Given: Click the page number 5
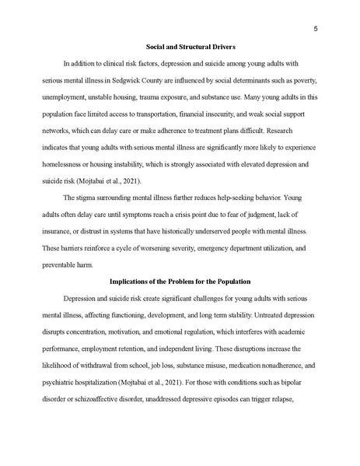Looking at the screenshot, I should [315, 30].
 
